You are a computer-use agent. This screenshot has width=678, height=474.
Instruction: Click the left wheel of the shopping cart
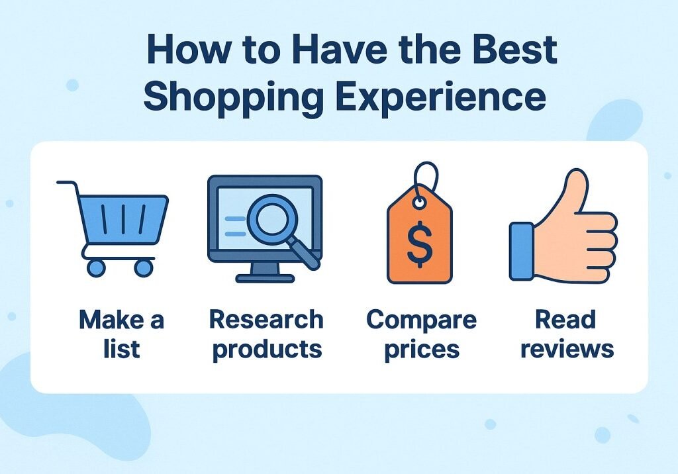click(x=96, y=267)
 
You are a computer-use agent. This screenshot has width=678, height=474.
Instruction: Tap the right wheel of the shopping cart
click(x=142, y=267)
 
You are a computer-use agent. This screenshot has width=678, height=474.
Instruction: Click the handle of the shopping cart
click(x=66, y=183)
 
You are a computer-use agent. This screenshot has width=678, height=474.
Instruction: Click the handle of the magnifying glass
click(x=306, y=254)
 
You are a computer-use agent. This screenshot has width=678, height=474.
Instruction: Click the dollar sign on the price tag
click(x=419, y=242)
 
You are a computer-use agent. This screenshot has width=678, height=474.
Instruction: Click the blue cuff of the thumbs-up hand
click(x=521, y=251)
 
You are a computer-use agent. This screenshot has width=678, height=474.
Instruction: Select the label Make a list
click(x=121, y=334)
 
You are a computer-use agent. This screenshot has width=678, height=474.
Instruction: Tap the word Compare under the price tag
click(x=421, y=320)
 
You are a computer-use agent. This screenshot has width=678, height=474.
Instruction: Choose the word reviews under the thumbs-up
click(x=566, y=348)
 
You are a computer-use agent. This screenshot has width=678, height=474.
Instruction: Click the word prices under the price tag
click(x=421, y=348)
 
